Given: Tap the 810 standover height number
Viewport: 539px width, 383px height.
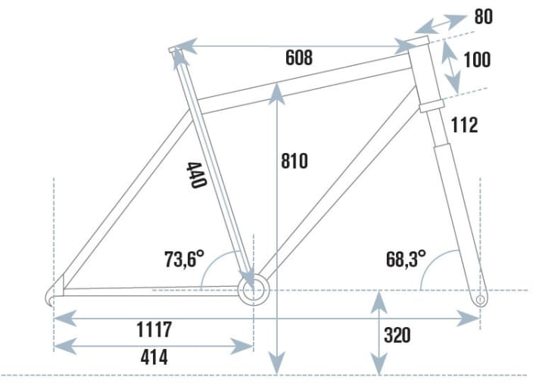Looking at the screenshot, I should (294, 161).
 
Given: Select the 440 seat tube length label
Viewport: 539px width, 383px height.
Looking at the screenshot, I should (196, 176).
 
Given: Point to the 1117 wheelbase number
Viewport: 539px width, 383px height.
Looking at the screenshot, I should (154, 330).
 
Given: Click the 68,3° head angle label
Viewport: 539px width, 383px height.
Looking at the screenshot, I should (405, 260).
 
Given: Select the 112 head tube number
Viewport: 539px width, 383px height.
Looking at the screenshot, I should (464, 125).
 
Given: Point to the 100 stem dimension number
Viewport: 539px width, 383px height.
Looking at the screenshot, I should (476, 59).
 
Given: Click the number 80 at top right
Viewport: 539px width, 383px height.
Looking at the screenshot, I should (483, 16).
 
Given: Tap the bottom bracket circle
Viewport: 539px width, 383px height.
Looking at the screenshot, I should (254, 290).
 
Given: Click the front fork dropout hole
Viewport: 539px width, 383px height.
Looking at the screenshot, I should (480, 300).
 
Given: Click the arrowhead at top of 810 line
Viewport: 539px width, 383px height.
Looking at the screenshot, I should (279, 89).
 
